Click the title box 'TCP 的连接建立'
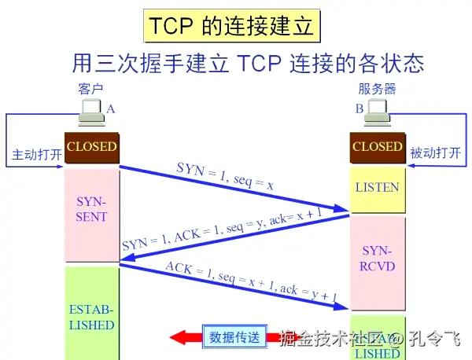coord(232,26)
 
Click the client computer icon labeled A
coord(92,113)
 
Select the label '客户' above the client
coord(91,88)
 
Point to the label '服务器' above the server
coord(377,88)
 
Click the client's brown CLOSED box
coord(91,147)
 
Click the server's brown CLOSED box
coord(377,147)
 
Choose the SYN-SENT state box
coord(91,210)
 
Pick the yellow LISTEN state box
coord(377,189)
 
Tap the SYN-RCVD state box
coord(377,259)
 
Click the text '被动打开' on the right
coord(435,153)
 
